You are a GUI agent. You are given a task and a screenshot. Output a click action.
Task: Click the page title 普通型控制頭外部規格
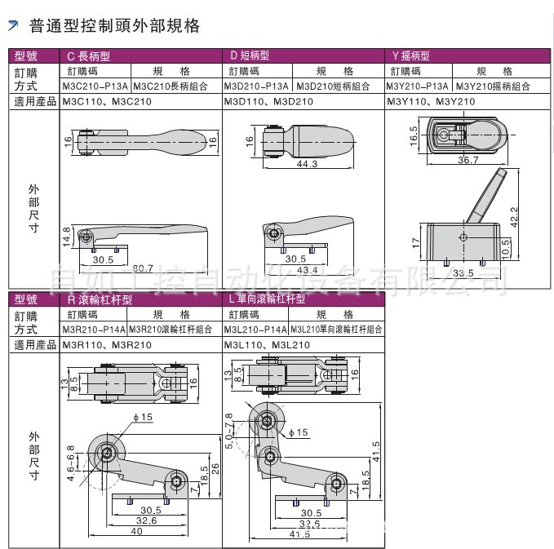click(x=114, y=27)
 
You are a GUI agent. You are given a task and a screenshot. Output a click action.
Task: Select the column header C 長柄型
click(x=87, y=56)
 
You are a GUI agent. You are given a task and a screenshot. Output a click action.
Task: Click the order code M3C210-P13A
click(x=95, y=86)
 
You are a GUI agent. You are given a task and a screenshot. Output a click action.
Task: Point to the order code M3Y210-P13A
click(x=419, y=86)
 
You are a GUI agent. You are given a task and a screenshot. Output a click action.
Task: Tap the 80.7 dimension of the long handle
click(x=143, y=268)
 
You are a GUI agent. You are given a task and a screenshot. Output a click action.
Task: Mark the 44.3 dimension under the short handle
click(x=307, y=164)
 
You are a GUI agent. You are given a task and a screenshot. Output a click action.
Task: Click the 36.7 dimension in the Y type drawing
click(x=468, y=161)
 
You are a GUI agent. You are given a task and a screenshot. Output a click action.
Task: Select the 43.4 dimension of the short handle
click(x=307, y=269)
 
